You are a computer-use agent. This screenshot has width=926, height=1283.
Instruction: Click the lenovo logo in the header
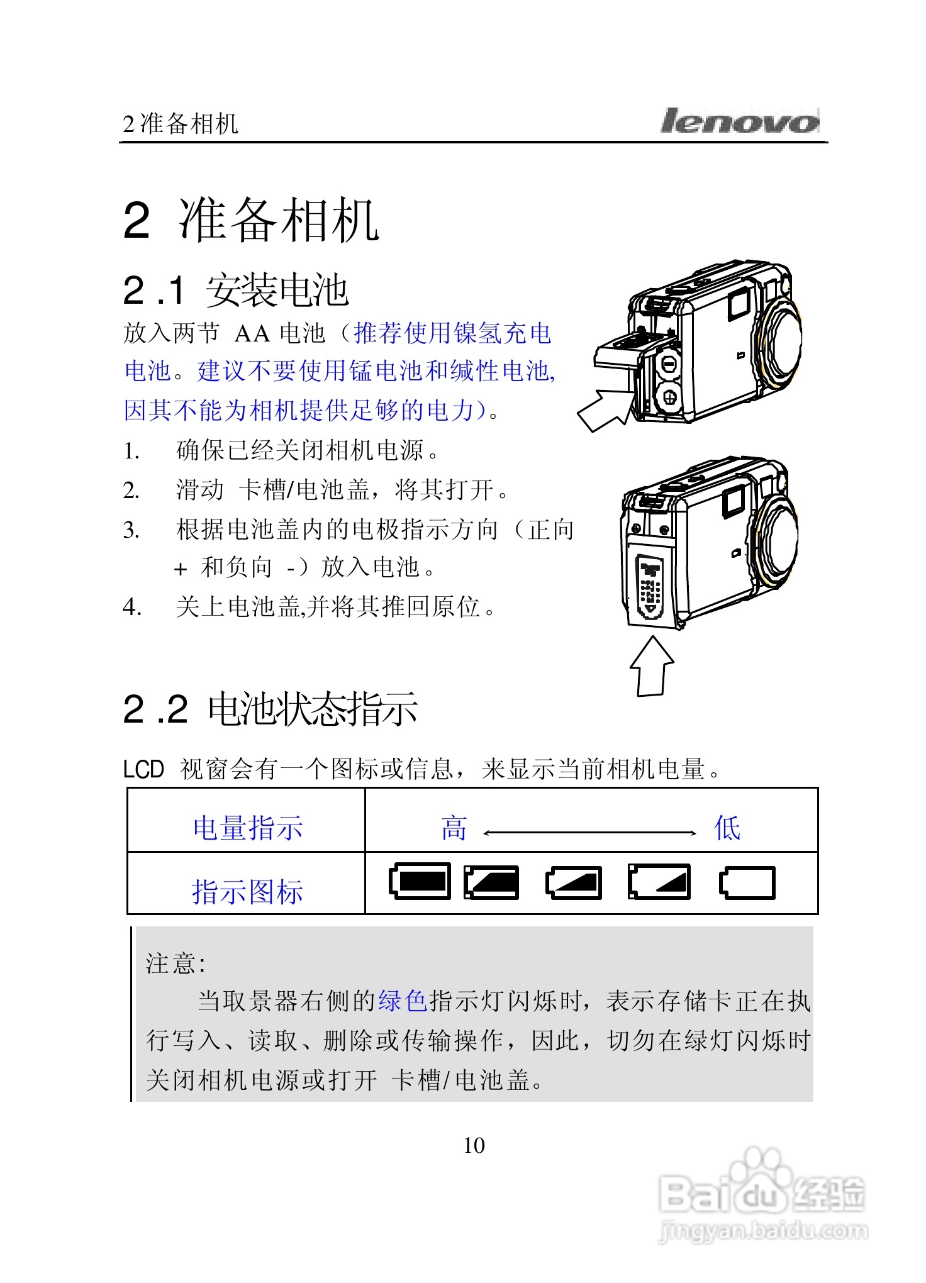tap(740, 121)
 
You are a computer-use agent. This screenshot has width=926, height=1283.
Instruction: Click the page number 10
tap(474, 1145)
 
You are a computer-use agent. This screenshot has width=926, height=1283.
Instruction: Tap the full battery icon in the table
tap(420, 881)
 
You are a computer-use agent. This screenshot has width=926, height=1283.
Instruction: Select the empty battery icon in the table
tap(747, 883)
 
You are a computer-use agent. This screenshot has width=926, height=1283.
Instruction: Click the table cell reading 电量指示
tap(247, 828)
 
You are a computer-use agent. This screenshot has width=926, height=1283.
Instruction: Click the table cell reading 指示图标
tap(247, 892)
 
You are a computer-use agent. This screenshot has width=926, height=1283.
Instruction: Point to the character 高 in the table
tap(454, 828)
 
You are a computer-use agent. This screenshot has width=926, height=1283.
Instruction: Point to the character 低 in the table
tap(727, 828)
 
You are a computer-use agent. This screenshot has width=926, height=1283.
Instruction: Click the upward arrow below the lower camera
tap(652, 667)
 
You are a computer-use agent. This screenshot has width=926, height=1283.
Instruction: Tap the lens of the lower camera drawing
tap(779, 536)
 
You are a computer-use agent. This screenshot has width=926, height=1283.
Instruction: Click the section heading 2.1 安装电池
tap(235, 291)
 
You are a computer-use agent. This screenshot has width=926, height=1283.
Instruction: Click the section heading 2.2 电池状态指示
tap(270, 709)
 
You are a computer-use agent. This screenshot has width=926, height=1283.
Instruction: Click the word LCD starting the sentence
tap(143, 769)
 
